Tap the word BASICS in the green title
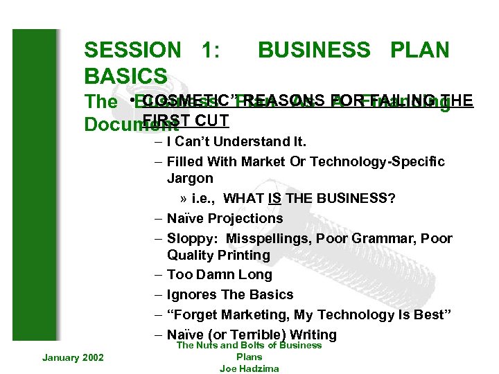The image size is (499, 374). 125,75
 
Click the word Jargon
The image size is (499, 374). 190,178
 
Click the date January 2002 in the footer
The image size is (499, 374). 73,357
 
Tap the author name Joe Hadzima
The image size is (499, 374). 249,368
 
